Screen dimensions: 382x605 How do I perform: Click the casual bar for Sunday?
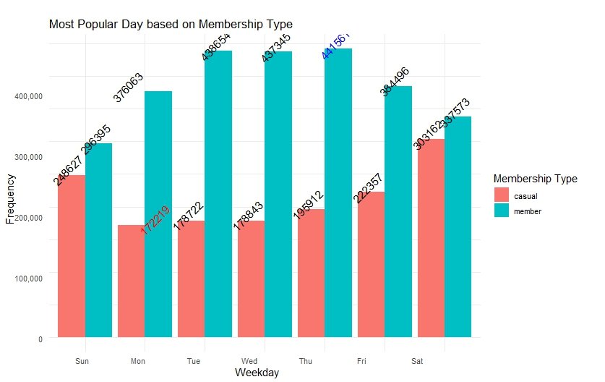72,256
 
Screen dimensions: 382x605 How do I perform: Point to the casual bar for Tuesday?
191,279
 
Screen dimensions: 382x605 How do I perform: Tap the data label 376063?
128,88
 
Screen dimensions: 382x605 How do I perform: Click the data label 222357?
369,188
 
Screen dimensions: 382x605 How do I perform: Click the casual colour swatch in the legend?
502,195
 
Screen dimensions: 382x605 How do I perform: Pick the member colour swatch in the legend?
502,211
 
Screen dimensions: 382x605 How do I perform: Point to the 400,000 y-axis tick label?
30,96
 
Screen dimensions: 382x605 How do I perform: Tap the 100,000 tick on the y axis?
30,278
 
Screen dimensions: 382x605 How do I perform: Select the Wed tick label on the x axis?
249,360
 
